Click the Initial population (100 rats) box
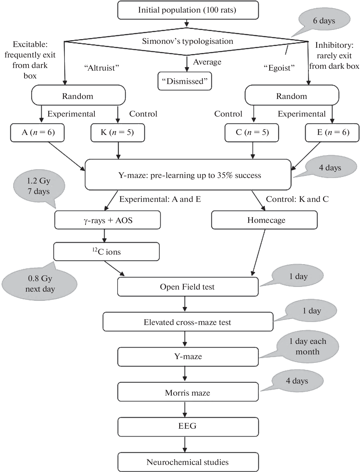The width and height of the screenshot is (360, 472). tap(188, 10)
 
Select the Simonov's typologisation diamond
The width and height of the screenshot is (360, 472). tap(187, 41)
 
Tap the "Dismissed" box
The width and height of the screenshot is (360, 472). tap(185, 81)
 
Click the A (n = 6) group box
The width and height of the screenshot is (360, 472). tap(38, 133)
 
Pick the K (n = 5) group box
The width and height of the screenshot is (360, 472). tap(118, 133)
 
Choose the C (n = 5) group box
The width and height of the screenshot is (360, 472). tap(252, 133)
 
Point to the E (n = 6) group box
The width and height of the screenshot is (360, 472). tap(332, 133)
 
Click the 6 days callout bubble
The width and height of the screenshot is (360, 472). tap(324, 21)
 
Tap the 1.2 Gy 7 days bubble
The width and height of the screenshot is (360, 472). tap(39, 186)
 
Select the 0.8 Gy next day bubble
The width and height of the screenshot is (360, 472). tap(40, 284)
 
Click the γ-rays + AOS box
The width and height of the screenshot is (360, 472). tap(108, 220)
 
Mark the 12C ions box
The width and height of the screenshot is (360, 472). tap(107, 252)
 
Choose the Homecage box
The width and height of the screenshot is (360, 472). tap(264, 220)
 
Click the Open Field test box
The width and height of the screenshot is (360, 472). tap(188, 287)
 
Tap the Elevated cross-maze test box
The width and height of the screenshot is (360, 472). tap(188, 322)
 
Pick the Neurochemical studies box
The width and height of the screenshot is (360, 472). tap(188, 462)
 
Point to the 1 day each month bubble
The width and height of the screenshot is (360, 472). tap(308, 347)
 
